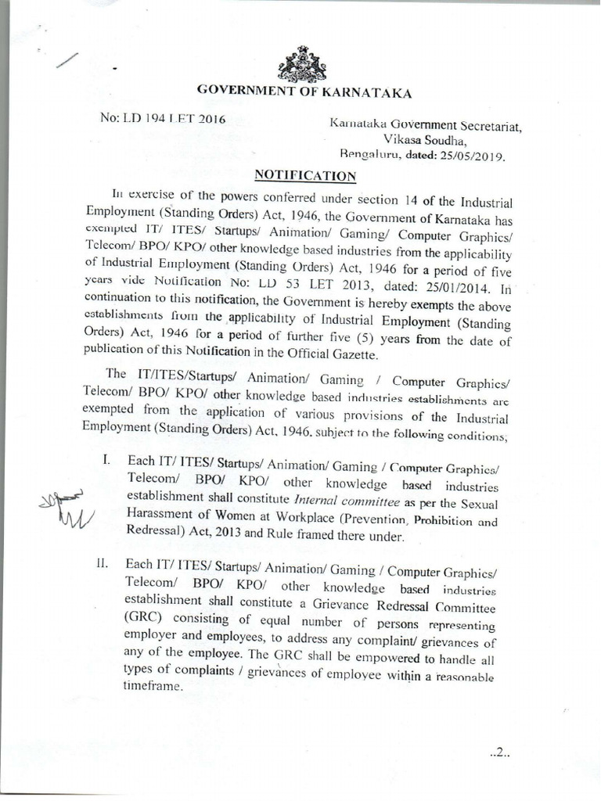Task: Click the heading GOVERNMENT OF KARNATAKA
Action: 303,92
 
